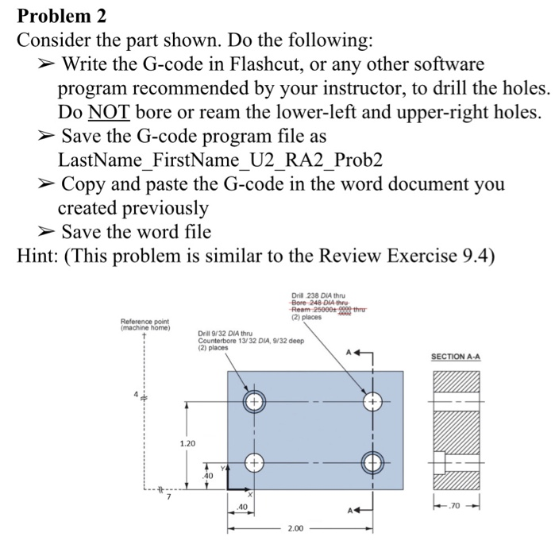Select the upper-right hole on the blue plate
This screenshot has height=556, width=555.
pos(372,402)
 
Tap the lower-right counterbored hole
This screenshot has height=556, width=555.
pos(372,461)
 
